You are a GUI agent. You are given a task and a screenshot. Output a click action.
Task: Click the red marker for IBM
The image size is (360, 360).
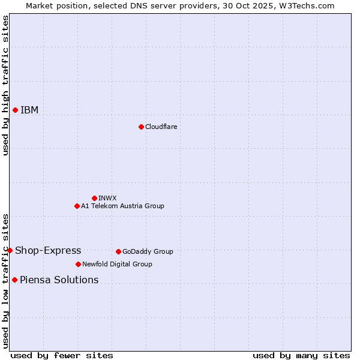15,110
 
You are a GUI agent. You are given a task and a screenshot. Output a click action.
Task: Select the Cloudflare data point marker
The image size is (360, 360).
141,127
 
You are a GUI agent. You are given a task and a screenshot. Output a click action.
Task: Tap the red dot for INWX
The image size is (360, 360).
94,198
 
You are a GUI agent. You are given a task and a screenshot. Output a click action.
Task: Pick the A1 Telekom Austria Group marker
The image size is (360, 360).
77,206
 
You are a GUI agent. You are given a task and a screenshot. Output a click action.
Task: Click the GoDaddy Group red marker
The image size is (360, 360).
118,251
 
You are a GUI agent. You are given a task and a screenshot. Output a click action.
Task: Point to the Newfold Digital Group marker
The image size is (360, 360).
78,264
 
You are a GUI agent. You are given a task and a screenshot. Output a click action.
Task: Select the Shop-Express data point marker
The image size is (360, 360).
10,250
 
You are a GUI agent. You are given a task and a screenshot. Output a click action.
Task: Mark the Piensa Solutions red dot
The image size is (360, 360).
14,280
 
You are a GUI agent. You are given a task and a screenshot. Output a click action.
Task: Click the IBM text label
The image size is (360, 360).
29,110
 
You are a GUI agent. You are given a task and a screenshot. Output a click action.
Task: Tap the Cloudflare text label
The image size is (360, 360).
161,127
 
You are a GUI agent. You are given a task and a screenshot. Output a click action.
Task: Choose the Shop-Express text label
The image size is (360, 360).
48,251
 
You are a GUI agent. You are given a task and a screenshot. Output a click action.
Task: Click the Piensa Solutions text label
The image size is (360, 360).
59,280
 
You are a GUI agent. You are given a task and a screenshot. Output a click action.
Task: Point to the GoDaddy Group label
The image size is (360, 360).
148,251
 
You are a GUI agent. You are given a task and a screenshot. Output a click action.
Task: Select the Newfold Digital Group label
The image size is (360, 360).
117,264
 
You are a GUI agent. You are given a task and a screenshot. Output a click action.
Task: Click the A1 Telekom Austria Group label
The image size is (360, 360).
122,206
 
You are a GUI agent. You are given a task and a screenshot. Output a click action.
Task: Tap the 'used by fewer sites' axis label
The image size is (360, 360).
62,355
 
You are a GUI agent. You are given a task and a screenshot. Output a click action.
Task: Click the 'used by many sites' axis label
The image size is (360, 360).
301,355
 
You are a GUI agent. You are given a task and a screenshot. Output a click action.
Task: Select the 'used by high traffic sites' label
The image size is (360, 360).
5,85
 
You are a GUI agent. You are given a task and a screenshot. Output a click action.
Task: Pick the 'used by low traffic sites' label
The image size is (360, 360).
5,281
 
